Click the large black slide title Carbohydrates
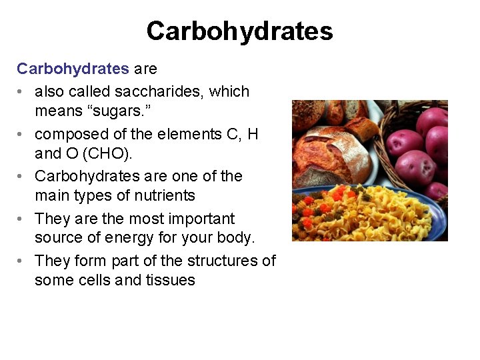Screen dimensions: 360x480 [239, 31]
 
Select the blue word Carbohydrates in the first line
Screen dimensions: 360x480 [73, 69]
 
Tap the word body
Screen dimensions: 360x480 [236, 237]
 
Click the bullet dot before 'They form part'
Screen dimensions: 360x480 [22, 261]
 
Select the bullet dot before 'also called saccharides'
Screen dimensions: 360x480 [22, 92]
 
